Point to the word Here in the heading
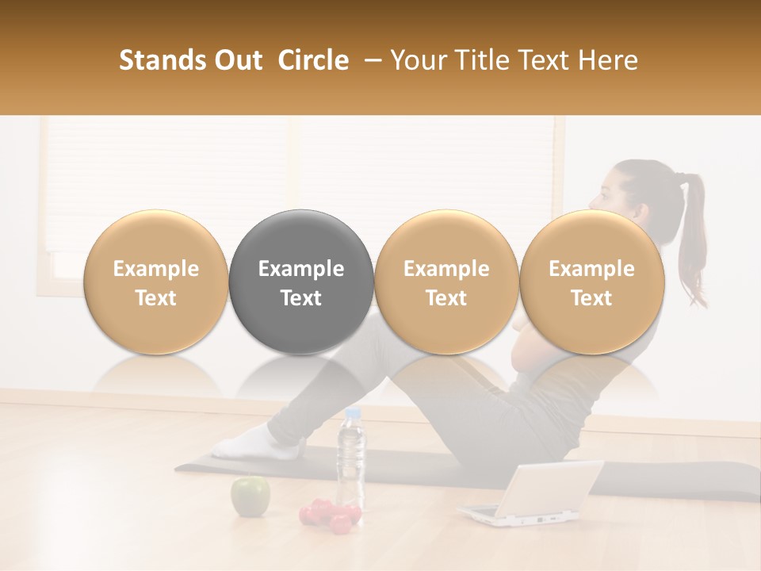[608, 60]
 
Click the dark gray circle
[301, 282]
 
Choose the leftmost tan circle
[156, 282]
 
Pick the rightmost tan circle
[591, 282]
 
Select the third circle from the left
[446, 282]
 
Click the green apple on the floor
[250, 496]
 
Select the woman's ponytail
[693, 238]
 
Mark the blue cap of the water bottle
[353, 413]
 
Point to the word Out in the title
[236, 60]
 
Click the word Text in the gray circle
[301, 298]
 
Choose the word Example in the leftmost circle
[156, 269]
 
